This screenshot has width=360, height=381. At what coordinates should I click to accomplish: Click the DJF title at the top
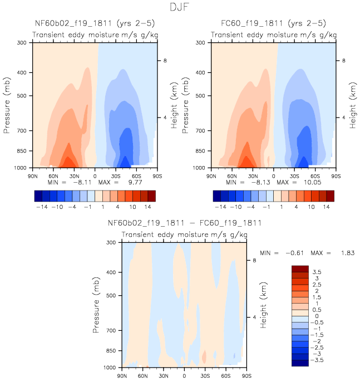(x=180, y=7)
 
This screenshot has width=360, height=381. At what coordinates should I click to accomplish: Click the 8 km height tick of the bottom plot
(x=254, y=260)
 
